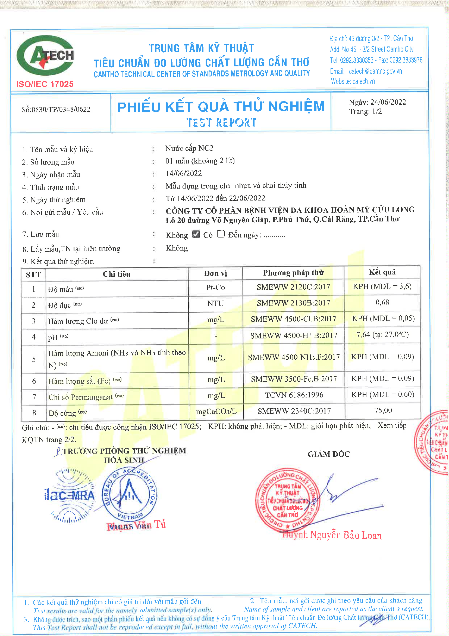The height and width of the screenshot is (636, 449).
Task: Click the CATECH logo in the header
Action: (45, 55)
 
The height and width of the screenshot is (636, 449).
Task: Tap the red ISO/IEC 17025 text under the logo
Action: (45, 84)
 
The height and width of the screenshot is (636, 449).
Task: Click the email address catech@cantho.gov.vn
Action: (375, 71)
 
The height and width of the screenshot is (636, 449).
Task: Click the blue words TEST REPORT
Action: (221, 122)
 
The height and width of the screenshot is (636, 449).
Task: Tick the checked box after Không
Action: (196, 234)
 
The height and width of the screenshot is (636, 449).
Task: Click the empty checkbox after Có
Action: (221, 234)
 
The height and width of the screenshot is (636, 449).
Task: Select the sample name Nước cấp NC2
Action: (189, 148)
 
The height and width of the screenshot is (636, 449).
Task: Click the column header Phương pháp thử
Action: (293, 273)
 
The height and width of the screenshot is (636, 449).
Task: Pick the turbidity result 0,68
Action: (382, 302)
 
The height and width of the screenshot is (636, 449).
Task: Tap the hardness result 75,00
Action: (383, 410)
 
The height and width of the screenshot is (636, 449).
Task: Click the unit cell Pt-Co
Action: (215, 287)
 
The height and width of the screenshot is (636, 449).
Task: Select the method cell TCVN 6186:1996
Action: (294, 395)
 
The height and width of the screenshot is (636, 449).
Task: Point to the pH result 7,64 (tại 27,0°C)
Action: (382, 335)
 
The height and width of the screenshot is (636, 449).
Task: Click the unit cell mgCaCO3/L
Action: (216, 411)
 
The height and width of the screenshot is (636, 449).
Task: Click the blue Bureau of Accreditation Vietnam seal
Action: (130, 495)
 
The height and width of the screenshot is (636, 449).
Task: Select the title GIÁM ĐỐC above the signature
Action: (329, 454)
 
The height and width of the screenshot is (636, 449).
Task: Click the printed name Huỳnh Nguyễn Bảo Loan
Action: (332, 535)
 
